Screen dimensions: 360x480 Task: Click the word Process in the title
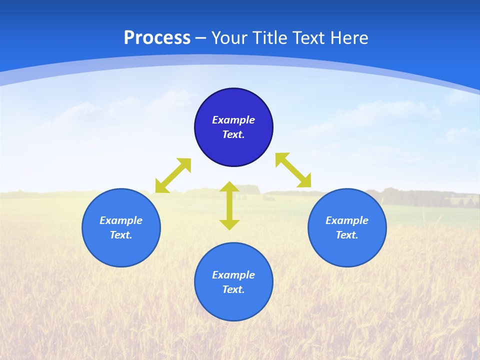[157, 38]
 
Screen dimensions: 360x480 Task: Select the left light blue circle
[121, 250]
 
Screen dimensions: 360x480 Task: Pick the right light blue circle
[347, 250]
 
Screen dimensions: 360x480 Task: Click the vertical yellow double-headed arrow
[229, 205]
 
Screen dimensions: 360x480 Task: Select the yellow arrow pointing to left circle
[173, 175]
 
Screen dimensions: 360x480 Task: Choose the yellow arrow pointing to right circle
[293, 170]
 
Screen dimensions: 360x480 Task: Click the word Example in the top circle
[233, 120]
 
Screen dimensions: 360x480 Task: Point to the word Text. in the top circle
[233, 134]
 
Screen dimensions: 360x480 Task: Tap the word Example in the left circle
[121, 220]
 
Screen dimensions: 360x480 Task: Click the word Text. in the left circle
[121, 235]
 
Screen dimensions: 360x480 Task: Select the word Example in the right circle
[347, 220]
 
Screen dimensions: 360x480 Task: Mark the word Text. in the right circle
[347, 235]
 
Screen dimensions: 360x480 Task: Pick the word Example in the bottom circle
[233, 275]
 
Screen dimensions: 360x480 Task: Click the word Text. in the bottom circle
[233, 289]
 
